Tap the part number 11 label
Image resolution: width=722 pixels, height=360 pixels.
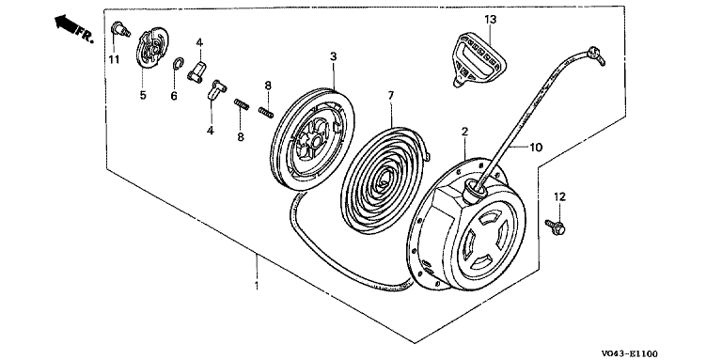[x=114, y=59]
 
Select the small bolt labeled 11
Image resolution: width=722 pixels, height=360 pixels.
[x=120, y=30]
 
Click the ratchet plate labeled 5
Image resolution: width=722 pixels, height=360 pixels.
[x=152, y=49]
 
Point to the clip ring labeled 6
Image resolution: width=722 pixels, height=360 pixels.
[x=178, y=66]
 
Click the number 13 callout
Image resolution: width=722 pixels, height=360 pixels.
[x=491, y=20]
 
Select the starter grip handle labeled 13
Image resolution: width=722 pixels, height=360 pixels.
[x=478, y=58]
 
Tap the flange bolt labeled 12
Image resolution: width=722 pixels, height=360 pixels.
[x=556, y=227]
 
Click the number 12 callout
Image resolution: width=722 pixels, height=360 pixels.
[x=559, y=196]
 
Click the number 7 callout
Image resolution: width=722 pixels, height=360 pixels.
[x=390, y=96]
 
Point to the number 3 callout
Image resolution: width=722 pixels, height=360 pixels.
[x=333, y=56]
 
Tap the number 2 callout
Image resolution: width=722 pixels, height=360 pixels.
[x=464, y=132]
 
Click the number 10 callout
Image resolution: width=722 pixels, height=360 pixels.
[x=536, y=148]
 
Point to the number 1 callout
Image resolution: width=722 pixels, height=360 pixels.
[x=256, y=286]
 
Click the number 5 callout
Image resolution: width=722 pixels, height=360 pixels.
[x=143, y=95]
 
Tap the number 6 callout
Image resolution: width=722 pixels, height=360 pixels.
[x=174, y=96]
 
